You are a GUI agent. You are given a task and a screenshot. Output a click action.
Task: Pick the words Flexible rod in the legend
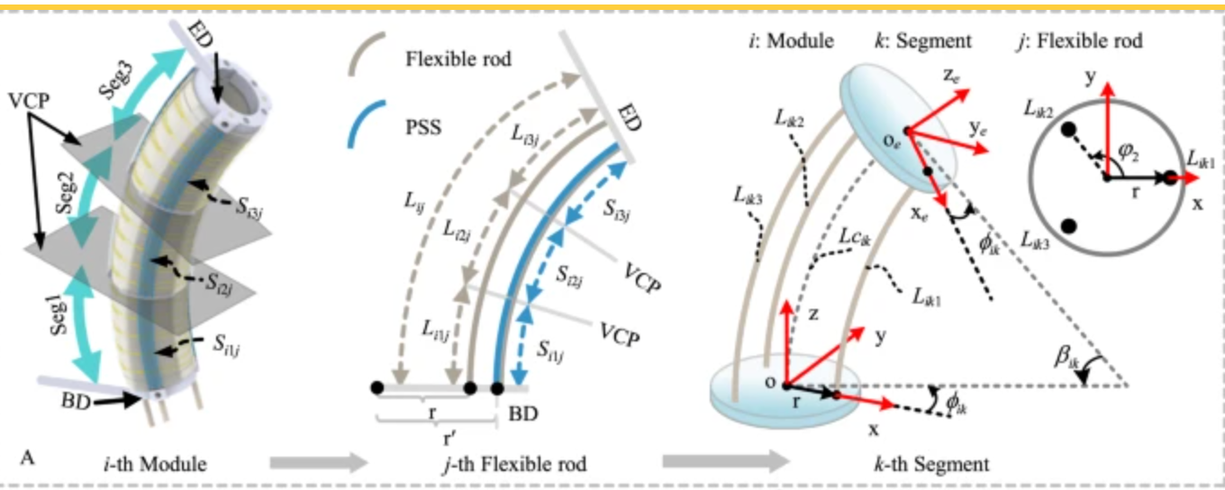tap(459, 60)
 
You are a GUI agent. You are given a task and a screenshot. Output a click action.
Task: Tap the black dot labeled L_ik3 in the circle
tap(1069, 225)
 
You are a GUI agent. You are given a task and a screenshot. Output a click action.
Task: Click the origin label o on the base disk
tap(770, 382)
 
